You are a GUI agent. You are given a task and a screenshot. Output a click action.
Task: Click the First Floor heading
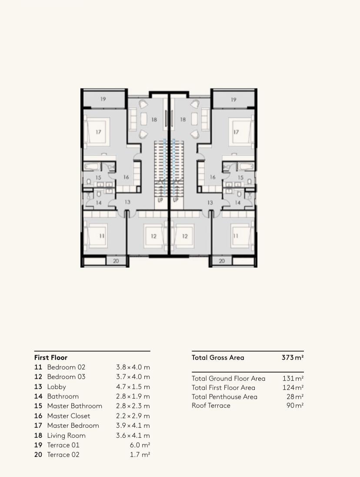[x=51, y=357]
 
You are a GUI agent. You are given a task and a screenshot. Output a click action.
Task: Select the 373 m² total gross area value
[x=293, y=357]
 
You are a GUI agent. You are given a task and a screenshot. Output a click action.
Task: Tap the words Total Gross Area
[x=218, y=357]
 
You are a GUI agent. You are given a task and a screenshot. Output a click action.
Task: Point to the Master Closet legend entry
[x=69, y=416]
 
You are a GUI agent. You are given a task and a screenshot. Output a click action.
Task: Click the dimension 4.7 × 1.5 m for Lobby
[x=133, y=386]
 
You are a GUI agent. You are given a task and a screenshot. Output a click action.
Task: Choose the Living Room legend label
[x=66, y=435]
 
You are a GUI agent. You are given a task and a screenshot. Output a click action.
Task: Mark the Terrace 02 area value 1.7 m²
[x=140, y=454]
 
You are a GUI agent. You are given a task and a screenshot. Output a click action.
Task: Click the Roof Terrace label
[x=211, y=406]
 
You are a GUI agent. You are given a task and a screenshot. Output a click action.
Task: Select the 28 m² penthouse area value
[x=295, y=396]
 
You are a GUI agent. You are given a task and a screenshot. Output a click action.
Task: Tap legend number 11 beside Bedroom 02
[x=38, y=367]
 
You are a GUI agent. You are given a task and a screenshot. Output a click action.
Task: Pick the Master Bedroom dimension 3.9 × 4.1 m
[x=133, y=426]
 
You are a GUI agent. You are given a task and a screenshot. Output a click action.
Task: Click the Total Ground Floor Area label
[x=228, y=379]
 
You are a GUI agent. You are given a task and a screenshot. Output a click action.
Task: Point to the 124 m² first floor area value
[x=293, y=387]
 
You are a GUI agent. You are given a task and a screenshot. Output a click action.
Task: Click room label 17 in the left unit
[x=98, y=132]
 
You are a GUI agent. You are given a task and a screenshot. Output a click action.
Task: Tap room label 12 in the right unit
[x=185, y=236]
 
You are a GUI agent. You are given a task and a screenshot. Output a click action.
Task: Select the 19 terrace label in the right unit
[x=233, y=100]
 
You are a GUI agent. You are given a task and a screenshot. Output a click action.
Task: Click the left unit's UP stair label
[x=160, y=200]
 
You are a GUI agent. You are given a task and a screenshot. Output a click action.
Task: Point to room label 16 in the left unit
[x=126, y=177]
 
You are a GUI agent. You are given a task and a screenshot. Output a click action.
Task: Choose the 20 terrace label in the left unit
[x=116, y=261]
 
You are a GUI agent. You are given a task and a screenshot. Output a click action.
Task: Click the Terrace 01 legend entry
[x=63, y=445]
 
